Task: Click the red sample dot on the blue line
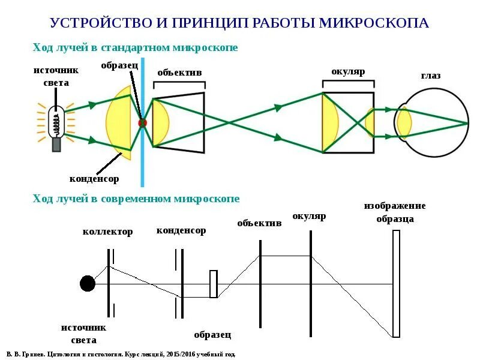pyautogui.click(x=142, y=122)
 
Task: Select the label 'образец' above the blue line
pyautogui.click(x=119, y=64)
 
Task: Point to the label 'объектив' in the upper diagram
pyautogui.click(x=179, y=73)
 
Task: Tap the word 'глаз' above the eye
pyautogui.click(x=430, y=76)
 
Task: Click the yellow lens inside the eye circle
pyautogui.click(x=404, y=122)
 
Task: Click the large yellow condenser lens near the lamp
pyautogui.click(x=119, y=122)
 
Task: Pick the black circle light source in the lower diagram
pyautogui.click(x=88, y=284)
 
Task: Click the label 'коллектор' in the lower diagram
pyautogui.click(x=107, y=232)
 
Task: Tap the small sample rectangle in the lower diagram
pyautogui.click(x=213, y=284)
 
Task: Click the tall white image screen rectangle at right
pyautogui.click(x=396, y=284)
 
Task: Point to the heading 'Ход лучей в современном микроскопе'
pyautogui.click(x=136, y=199)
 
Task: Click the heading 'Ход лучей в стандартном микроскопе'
pyautogui.click(x=136, y=47)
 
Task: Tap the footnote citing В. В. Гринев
pyautogui.click(x=121, y=354)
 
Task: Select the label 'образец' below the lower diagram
pyautogui.click(x=212, y=335)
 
